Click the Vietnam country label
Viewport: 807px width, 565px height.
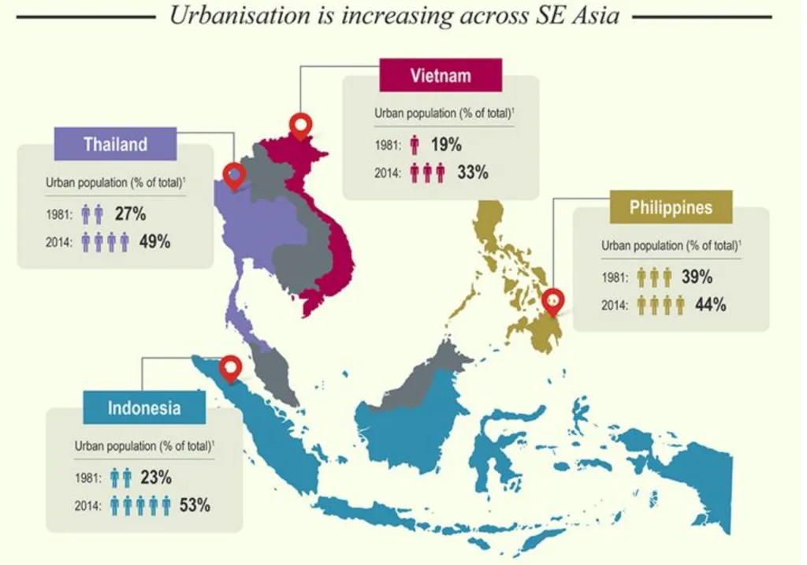click(x=441, y=76)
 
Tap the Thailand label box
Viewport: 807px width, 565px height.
click(x=115, y=144)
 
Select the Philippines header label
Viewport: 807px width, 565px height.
click(x=671, y=207)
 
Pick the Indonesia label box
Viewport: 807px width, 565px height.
click(x=144, y=408)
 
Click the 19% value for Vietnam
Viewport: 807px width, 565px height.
click(x=445, y=144)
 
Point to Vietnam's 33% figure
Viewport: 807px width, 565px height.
click(x=472, y=172)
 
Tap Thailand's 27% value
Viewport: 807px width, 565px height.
click(x=130, y=214)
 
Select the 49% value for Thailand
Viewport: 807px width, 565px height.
click(x=154, y=242)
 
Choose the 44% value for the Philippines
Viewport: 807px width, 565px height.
click(x=710, y=305)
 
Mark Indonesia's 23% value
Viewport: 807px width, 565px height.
click(x=155, y=478)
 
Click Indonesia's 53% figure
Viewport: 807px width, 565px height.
click(x=195, y=505)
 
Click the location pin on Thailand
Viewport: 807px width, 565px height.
click(x=234, y=174)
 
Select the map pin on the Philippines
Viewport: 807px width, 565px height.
click(x=554, y=302)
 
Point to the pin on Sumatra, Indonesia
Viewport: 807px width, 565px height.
click(x=230, y=366)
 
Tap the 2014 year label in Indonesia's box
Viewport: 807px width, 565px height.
click(x=88, y=506)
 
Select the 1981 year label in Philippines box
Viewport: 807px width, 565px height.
click(x=615, y=277)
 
